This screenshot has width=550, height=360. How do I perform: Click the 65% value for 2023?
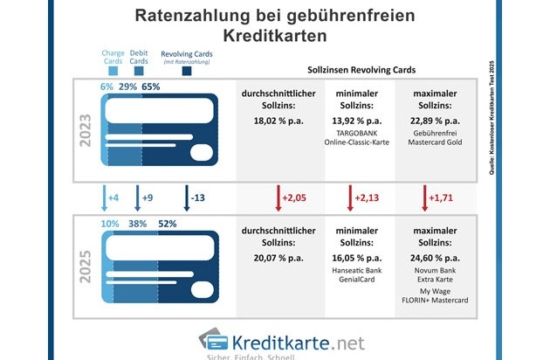coord(150,87)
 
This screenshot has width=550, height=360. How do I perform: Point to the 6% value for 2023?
coord(107,87)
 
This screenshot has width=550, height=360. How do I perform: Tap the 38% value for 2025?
coord(138,223)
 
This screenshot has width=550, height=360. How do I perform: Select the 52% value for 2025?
coord(167,223)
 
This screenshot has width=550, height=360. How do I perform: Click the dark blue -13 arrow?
coord(187,197)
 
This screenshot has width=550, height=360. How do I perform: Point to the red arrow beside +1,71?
coord(424,197)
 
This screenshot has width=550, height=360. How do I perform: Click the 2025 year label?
coord(86,273)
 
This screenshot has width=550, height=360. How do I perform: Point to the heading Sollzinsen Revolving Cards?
coord(361,68)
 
